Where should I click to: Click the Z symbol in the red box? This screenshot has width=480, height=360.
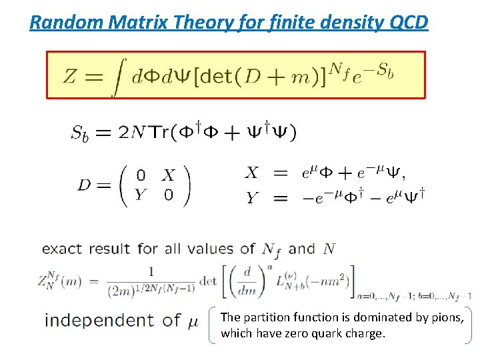pyautogui.click(x=70, y=75)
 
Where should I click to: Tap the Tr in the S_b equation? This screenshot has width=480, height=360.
pyautogui.click(x=158, y=132)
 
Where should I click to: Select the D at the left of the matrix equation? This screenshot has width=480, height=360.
pyautogui.click(x=85, y=185)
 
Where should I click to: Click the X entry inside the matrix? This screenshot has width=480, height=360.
pyautogui.click(x=168, y=175)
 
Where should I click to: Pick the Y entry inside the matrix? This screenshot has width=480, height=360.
pyautogui.click(x=140, y=194)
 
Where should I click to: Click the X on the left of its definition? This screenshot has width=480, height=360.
pyautogui.click(x=251, y=173)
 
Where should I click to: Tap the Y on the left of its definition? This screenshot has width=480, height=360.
pyautogui.click(x=251, y=197)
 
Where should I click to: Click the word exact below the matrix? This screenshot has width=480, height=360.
pyautogui.click(x=62, y=249)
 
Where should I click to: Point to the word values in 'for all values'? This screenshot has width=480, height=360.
pyautogui.click(x=211, y=249)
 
